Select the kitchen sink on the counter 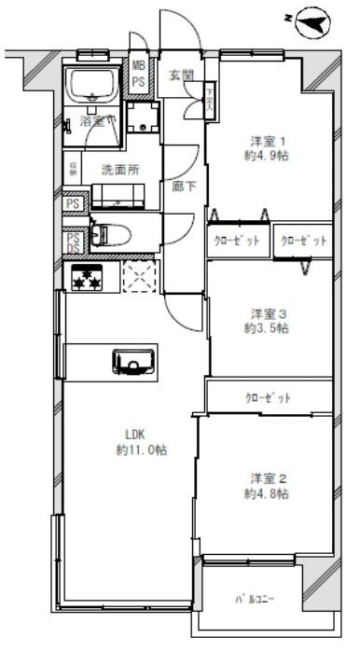tap(132, 359)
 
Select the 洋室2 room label tap(266, 476)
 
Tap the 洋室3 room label tap(266, 312)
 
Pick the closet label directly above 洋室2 tap(268, 397)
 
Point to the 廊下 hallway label tap(183, 186)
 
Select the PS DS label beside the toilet tap(72, 242)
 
